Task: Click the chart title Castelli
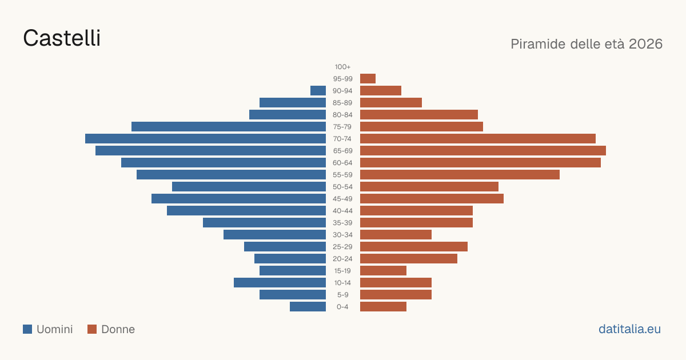62,38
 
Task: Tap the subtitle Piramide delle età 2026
587,44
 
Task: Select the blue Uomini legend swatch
27,329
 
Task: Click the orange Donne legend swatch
92,329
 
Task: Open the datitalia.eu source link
629,329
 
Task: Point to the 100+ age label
342,67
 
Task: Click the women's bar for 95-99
368,79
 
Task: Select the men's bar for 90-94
318,91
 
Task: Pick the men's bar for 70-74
205,139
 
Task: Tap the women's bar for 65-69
483,151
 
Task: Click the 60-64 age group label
342,163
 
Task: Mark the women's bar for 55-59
460,175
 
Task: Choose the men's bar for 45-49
238,199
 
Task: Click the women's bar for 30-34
396,235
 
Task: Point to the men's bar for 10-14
280,282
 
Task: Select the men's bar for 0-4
308,307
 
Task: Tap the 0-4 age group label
342,307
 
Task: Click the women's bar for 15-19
383,271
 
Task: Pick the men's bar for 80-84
288,115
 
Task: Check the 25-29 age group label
342,247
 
